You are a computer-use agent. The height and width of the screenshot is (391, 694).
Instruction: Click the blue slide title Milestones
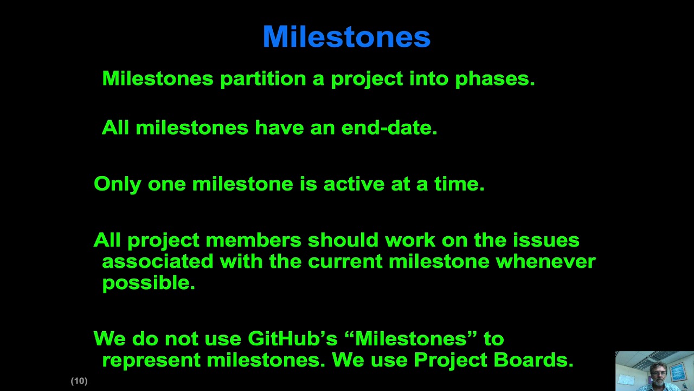(x=346, y=37)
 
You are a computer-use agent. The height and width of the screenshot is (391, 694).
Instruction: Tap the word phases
(x=494, y=79)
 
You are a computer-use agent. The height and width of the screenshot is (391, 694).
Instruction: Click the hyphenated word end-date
(x=389, y=128)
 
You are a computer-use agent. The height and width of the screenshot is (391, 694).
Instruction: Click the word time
(x=459, y=184)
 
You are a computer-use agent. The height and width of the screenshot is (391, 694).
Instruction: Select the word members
(x=253, y=240)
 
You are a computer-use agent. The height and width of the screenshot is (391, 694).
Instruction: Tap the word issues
(x=546, y=240)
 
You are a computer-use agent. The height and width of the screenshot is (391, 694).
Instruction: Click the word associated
(x=157, y=261)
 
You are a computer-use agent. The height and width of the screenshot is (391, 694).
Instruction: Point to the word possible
(x=148, y=283)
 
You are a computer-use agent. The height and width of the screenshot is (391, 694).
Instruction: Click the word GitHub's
(x=292, y=339)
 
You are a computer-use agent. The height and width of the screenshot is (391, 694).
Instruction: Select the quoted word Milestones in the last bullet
(x=410, y=339)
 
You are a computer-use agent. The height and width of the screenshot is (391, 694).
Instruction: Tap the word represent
(x=151, y=360)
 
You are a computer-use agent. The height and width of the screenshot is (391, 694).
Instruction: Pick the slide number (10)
(x=79, y=381)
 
